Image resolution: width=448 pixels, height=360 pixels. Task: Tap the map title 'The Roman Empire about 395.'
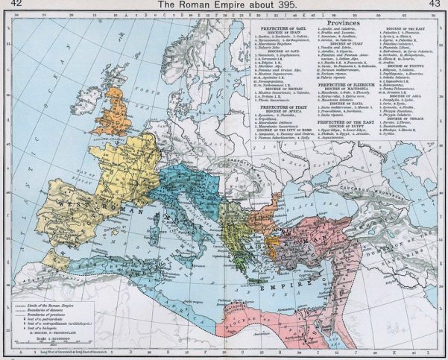click(223, 5)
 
